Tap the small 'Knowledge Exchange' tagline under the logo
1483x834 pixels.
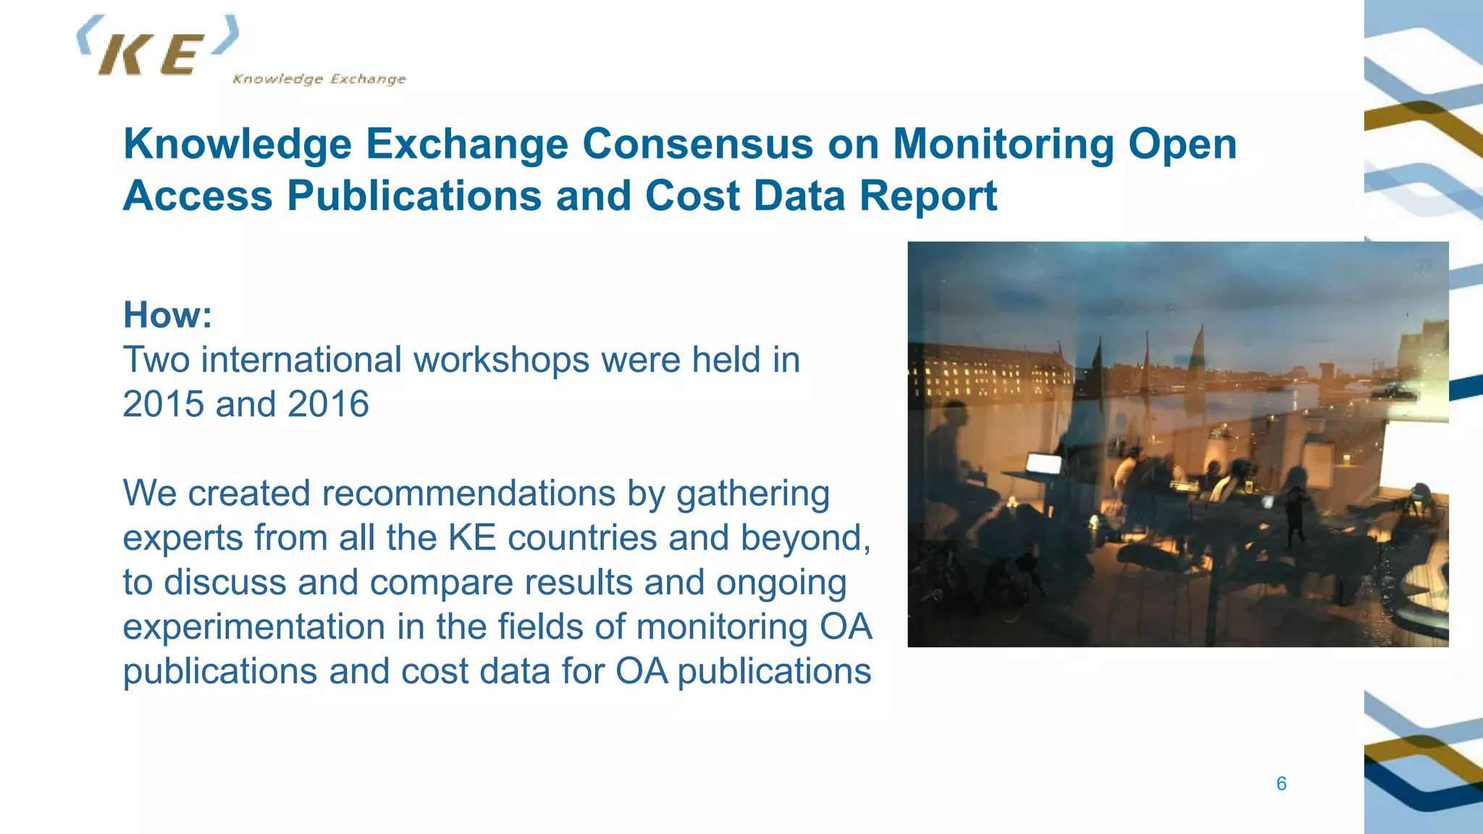click(x=319, y=79)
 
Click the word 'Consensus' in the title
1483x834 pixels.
click(x=698, y=143)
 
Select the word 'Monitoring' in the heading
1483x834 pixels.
click(x=1003, y=143)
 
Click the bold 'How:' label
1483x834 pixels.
click(x=167, y=315)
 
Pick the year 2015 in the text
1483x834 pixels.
click(x=164, y=404)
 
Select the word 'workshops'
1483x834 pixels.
click(x=501, y=360)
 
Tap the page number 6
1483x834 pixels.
click(x=1281, y=783)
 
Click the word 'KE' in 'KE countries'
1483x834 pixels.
click(x=471, y=538)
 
